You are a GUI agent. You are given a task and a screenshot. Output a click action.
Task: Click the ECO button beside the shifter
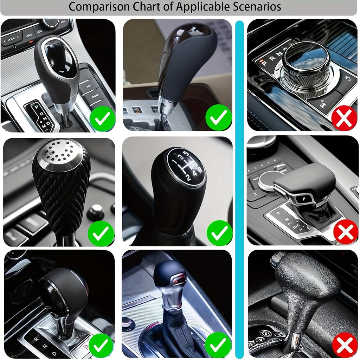(85, 85)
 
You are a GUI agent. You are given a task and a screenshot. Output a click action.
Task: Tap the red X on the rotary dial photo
(344, 119)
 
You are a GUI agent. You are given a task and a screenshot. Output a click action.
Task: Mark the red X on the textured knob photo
(344, 345)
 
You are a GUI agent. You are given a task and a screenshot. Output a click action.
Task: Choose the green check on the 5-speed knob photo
(219, 233)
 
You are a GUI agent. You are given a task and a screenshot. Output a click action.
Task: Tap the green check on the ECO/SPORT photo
(102, 119)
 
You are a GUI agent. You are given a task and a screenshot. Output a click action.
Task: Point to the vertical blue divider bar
(239, 186)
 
